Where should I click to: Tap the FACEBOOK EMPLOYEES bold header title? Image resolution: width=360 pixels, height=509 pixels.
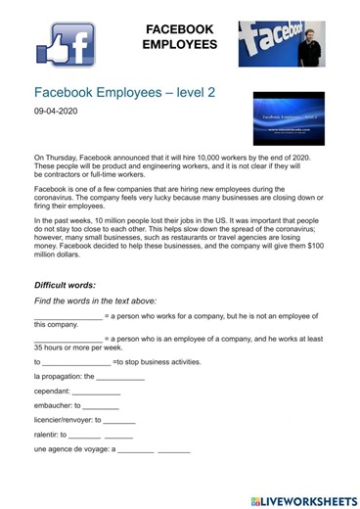pos(180,36)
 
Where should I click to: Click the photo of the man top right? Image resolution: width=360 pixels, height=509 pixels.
pos(281,44)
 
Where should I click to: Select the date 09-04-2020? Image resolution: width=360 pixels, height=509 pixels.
pos(57,112)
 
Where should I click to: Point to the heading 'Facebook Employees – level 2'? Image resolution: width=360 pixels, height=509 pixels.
pos(124,91)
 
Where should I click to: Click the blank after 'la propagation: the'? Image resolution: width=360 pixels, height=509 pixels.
pos(121,376)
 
